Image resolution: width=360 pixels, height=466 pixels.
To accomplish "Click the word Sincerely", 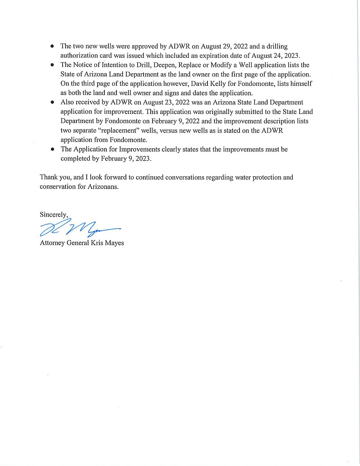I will click(x=54, y=215).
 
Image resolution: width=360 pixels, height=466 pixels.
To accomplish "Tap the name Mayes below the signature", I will click(x=114, y=243).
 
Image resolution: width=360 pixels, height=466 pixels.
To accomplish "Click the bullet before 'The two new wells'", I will click(x=52, y=46).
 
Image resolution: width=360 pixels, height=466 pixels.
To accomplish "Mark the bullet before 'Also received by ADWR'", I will click(x=52, y=103).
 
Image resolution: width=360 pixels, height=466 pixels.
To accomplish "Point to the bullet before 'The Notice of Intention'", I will click(x=52, y=65).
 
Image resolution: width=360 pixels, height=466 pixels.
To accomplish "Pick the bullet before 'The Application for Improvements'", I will click(x=52, y=149).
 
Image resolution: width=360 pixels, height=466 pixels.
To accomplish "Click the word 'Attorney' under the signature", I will click(x=52, y=243).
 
